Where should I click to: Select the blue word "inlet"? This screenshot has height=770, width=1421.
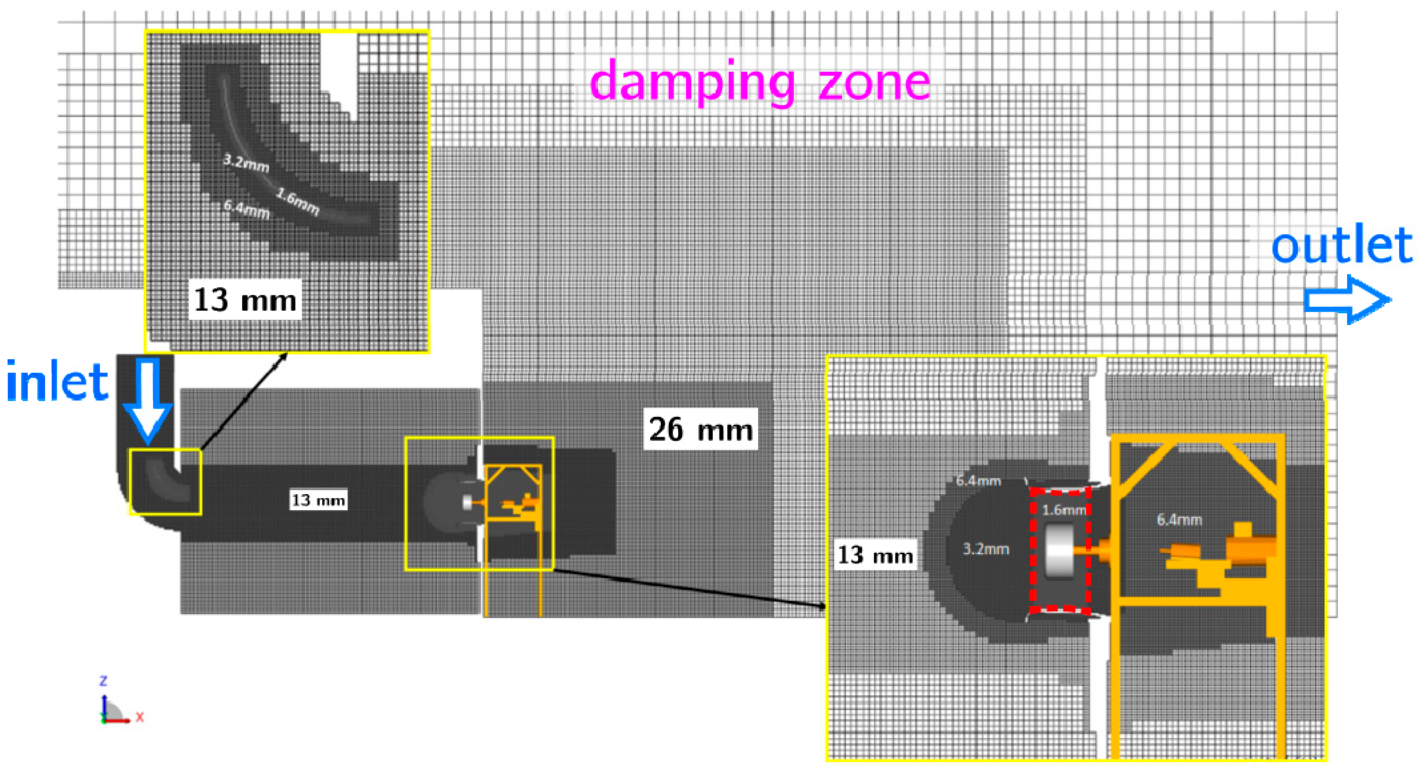(x=57, y=382)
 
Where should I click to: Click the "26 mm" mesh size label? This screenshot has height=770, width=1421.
(x=701, y=429)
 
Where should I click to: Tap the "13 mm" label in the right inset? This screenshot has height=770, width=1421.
(x=875, y=555)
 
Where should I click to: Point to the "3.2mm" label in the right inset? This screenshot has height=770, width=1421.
(x=986, y=549)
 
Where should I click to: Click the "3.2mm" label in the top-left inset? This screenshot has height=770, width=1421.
(x=246, y=163)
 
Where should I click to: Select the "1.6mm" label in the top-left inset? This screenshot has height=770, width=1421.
(x=298, y=201)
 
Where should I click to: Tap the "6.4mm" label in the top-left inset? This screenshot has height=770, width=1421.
(x=246, y=209)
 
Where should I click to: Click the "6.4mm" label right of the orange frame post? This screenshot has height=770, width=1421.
(x=1179, y=520)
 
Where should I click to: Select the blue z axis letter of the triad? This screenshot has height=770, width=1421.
(x=103, y=681)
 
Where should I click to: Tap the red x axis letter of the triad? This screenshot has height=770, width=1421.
(x=139, y=717)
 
